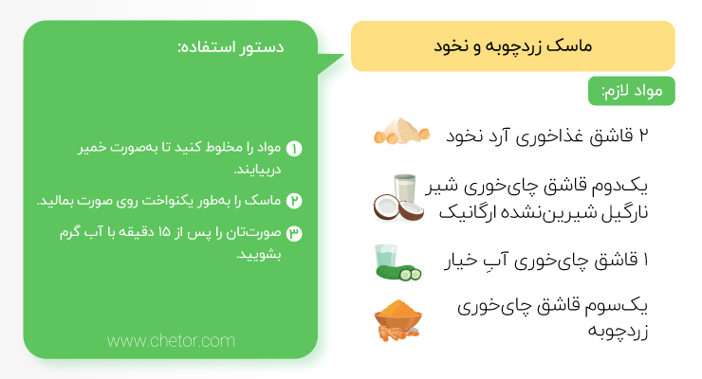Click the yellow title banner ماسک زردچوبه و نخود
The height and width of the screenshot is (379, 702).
pyautogui.click(x=512, y=46)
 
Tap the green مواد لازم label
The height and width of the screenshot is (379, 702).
pyautogui.click(x=631, y=91)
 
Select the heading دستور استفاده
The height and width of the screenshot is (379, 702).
pyautogui.click(x=231, y=47)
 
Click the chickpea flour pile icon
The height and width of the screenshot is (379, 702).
pyautogui.click(x=401, y=131)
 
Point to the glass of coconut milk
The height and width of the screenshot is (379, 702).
pyautogui.click(x=405, y=189)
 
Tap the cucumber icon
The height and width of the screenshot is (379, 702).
pyautogui.click(x=398, y=272)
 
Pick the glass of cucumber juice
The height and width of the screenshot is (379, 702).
pyautogui.click(x=386, y=256)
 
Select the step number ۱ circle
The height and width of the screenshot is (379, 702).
pyautogui.click(x=294, y=149)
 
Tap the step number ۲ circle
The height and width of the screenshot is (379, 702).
pyautogui.click(x=294, y=201)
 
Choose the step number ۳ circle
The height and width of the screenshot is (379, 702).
pyautogui.click(x=294, y=233)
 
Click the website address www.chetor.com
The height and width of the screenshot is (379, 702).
pyautogui.click(x=171, y=341)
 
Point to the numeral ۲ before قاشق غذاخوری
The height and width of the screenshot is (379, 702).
pyautogui.click(x=643, y=135)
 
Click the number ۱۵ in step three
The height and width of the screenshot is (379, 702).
pyautogui.click(x=164, y=232)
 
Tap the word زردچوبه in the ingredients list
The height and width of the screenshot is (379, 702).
pyautogui.click(x=618, y=332)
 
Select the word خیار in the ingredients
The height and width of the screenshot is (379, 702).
pyautogui.click(x=461, y=260)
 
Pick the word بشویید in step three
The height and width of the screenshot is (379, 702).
pyautogui.click(x=259, y=255)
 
